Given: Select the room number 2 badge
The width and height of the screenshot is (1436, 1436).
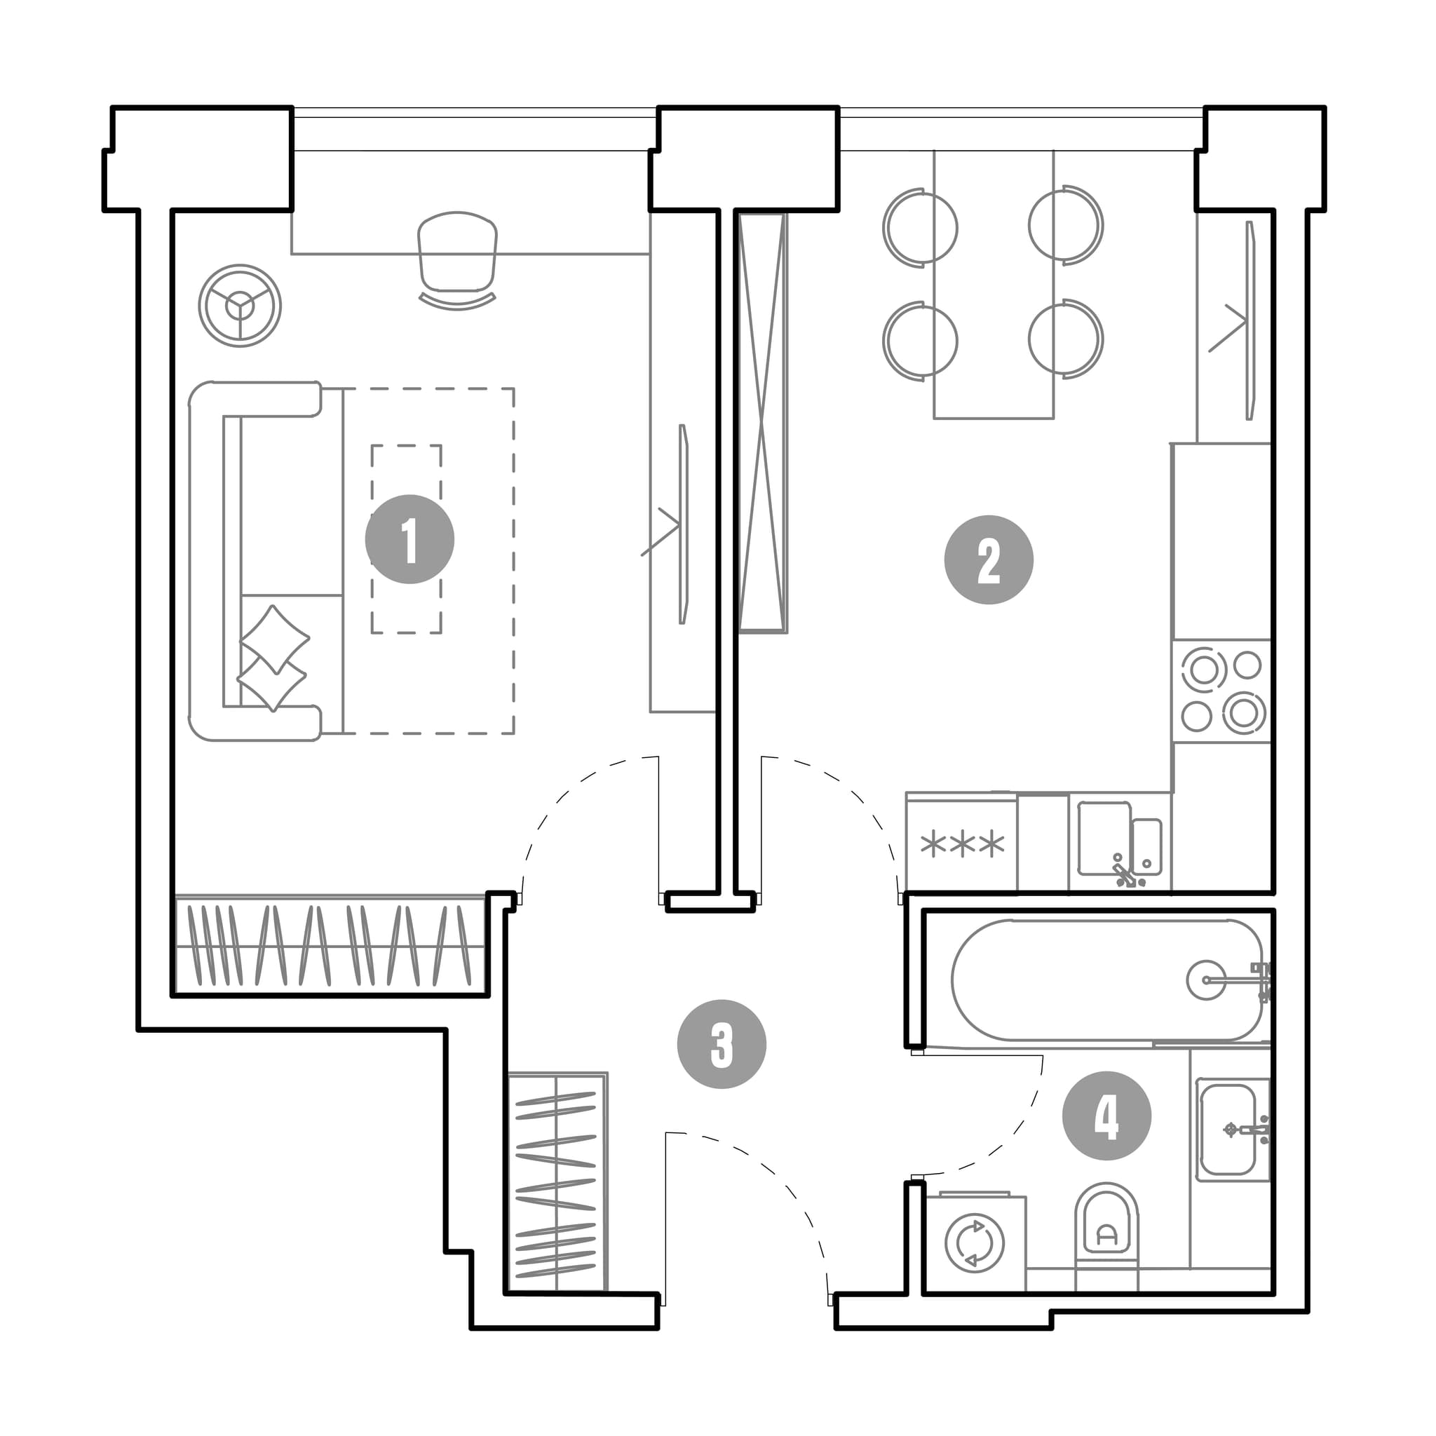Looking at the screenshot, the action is point(989,560).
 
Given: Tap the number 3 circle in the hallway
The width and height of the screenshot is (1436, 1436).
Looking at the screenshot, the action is point(722,1044).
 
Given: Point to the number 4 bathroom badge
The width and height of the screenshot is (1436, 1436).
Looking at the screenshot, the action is point(1106,1116).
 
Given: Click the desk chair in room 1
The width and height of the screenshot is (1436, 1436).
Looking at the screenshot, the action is point(457,260).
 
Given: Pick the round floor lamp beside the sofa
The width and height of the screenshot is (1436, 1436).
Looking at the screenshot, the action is point(240,306).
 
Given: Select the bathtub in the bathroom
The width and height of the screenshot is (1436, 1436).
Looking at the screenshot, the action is point(1106,980).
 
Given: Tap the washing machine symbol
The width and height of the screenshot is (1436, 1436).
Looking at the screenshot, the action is point(975,1242).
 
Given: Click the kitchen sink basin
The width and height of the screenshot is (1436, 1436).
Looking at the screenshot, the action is point(1104,839).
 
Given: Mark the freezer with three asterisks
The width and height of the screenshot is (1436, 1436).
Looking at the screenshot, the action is point(962,843).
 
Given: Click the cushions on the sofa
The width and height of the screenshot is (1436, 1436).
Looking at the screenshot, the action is point(273,657).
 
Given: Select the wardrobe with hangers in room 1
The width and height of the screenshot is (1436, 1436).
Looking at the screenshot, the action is point(331,944).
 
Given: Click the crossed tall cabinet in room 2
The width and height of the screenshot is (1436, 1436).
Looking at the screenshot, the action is point(763,423).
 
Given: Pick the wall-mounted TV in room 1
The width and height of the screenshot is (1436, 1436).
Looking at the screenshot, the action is point(683,524).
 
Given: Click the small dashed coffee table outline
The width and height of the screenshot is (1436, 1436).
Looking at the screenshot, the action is point(407,539).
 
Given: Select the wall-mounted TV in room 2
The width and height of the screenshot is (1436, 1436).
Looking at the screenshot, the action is point(1251,320).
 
